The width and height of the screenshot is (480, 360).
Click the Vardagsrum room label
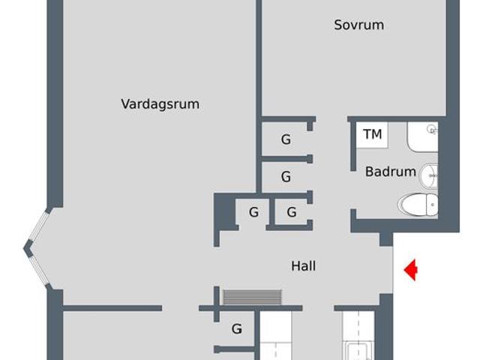coord(160,104)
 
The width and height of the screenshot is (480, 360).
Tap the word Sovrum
coord(359,25)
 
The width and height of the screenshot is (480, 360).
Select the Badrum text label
coord(391,172)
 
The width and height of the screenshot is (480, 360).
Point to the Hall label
coord(303,266)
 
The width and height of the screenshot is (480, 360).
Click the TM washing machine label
coord(373,134)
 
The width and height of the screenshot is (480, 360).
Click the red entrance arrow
coord(411,270)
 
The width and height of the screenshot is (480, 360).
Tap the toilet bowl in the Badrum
coord(418,204)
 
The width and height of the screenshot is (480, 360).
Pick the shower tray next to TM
coord(422,136)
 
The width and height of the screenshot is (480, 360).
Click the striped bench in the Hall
coord(252,297)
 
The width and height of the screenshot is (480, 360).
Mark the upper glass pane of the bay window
coord(38,226)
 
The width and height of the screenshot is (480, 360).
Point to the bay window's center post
coord(28,248)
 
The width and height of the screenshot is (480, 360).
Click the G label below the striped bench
coord(237,329)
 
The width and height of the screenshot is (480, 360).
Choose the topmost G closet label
coord(286,139)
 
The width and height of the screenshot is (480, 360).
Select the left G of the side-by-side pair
coord(253,212)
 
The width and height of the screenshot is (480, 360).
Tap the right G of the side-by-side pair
coord(292,212)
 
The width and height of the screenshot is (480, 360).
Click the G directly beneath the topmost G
coord(286,177)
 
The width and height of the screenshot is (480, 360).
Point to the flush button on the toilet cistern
coord(433,205)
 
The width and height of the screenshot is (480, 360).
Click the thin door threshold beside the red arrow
coord(393,270)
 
